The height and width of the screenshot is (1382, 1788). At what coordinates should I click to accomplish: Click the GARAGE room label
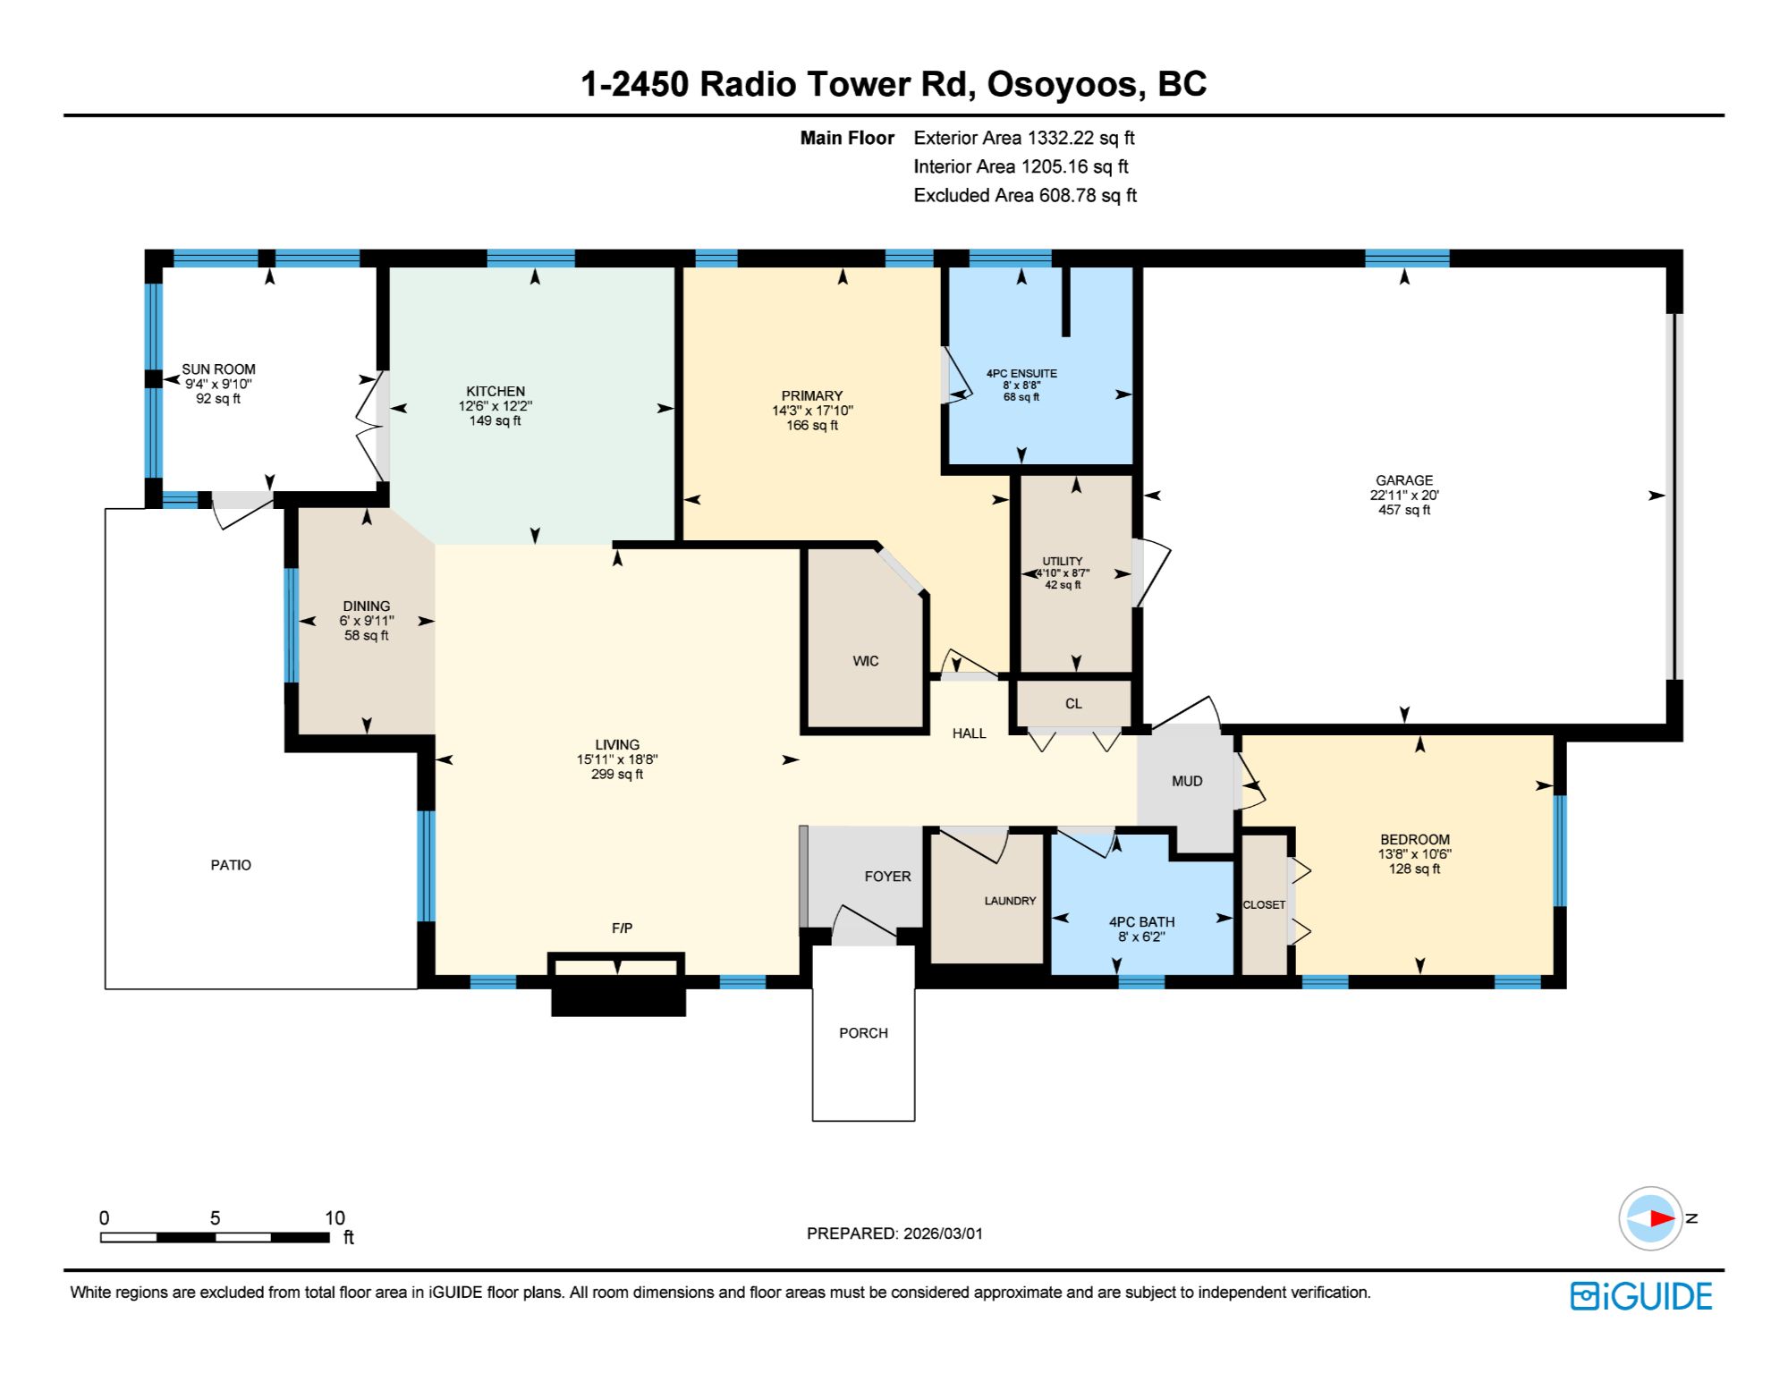pyautogui.click(x=1403, y=480)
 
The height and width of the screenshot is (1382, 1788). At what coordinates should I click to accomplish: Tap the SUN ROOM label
pyautogui.click(x=218, y=369)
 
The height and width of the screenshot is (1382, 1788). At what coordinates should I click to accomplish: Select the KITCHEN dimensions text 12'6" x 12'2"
pyautogui.click(x=496, y=406)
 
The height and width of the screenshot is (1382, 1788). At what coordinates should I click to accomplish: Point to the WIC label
pyautogui.click(x=865, y=661)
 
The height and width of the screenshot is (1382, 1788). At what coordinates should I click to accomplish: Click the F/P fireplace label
pyautogui.click(x=622, y=928)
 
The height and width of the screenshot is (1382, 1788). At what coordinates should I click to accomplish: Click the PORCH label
pyautogui.click(x=863, y=1033)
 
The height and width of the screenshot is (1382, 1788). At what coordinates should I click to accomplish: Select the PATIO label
pyautogui.click(x=231, y=865)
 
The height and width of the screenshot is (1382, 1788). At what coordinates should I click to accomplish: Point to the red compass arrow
pyautogui.click(x=1662, y=1218)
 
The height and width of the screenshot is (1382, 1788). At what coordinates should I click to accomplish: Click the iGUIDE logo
pyautogui.click(x=1641, y=1296)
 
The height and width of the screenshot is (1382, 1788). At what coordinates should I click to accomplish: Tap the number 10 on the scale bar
pyautogui.click(x=335, y=1217)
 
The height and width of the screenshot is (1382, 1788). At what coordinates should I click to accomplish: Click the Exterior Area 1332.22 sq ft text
pyautogui.click(x=1024, y=138)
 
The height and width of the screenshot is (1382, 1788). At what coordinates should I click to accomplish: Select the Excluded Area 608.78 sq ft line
pyautogui.click(x=1025, y=195)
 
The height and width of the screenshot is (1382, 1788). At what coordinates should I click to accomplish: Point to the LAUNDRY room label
pyautogui.click(x=1010, y=901)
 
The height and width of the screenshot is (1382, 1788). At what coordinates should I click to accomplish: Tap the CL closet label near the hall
pyautogui.click(x=1073, y=704)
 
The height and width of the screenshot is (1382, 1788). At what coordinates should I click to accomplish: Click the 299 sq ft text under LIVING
pyautogui.click(x=617, y=775)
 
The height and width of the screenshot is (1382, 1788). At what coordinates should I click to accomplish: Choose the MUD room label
pyautogui.click(x=1187, y=781)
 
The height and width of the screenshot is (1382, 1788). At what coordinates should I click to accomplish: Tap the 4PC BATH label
pyautogui.click(x=1141, y=922)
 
